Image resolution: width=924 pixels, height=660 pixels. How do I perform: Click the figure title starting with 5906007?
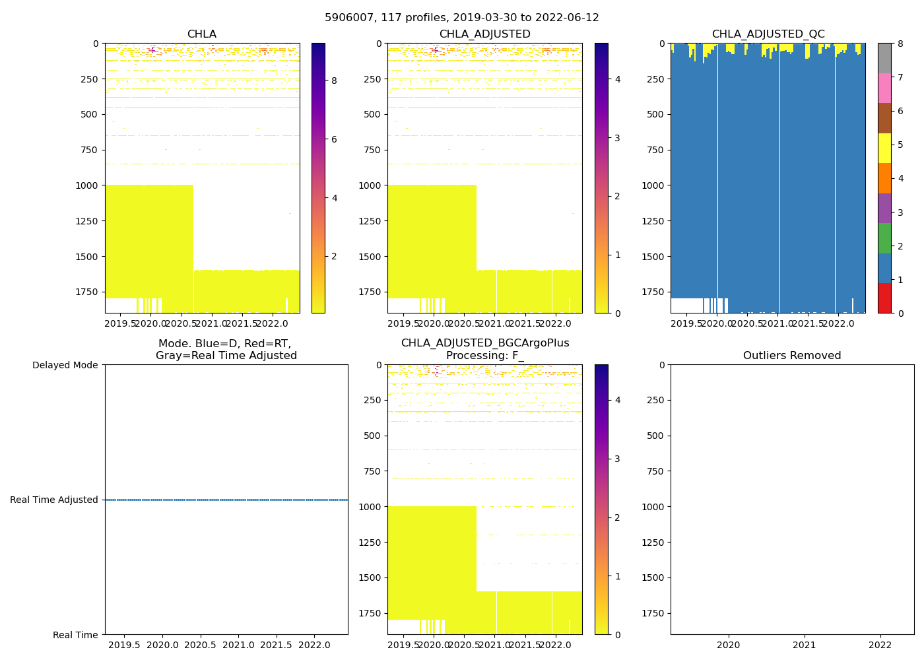(x=461, y=18)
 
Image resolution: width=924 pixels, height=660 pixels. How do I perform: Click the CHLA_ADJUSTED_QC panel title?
(x=768, y=34)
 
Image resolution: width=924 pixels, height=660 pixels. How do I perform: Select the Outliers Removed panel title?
(x=791, y=356)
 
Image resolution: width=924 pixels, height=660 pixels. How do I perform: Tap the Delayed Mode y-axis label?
(x=65, y=365)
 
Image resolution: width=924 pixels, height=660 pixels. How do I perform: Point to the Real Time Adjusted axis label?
(x=53, y=500)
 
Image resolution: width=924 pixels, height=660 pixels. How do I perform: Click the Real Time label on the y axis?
(x=75, y=635)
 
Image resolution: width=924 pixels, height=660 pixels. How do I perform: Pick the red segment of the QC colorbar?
(x=884, y=298)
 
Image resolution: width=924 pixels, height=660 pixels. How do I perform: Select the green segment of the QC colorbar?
(x=884, y=238)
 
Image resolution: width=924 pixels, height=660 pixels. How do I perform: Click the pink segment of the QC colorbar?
(x=884, y=88)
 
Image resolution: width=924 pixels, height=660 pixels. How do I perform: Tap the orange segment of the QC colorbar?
(x=884, y=178)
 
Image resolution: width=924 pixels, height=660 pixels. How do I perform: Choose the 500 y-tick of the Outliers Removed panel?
(x=655, y=436)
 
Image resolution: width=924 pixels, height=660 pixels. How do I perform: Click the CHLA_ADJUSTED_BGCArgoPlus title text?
(x=484, y=343)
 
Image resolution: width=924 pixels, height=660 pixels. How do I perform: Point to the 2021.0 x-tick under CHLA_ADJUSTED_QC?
(x=777, y=323)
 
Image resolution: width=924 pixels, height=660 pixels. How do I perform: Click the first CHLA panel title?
(x=201, y=34)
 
